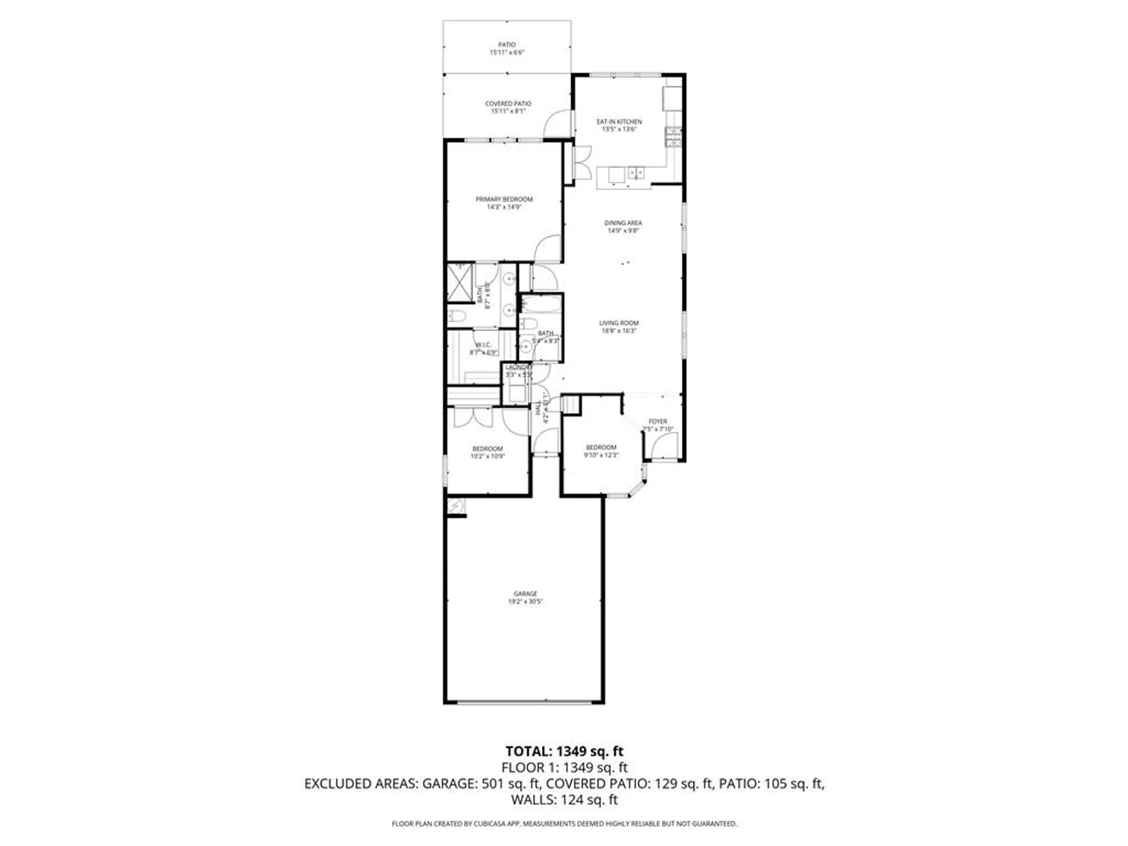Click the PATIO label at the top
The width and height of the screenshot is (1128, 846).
pyautogui.click(x=506, y=45)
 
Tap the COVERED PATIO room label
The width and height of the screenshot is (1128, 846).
pyautogui.click(x=508, y=104)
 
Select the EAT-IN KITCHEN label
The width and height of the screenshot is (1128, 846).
pyautogui.click(x=619, y=122)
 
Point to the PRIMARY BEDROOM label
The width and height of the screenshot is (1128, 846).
pyautogui.click(x=504, y=199)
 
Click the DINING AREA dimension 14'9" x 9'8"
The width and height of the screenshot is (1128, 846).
pyautogui.click(x=623, y=231)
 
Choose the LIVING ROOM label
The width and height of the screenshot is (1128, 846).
pyautogui.click(x=619, y=323)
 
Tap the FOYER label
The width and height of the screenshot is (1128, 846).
pyautogui.click(x=658, y=421)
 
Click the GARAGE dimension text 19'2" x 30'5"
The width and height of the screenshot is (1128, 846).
pyautogui.click(x=525, y=602)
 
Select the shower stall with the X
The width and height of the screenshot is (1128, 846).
pyautogui.click(x=460, y=281)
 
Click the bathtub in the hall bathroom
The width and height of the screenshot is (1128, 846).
pyautogui.click(x=540, y=305)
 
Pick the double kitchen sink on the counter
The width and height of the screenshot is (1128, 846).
pyautogui.click(x=636, y=172)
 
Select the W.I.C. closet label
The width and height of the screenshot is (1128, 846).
pyautogui.click(x=483, y=345)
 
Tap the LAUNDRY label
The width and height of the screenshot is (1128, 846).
pyautogui.click(x=518, y=368)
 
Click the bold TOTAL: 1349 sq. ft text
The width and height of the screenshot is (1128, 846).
pyautogui.click(x=564, y=751)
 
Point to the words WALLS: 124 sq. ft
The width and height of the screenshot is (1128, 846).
pyautogui.click(x=564, y=800)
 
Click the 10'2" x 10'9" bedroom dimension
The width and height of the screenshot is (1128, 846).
pyautogui.click(x=487, y=456)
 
